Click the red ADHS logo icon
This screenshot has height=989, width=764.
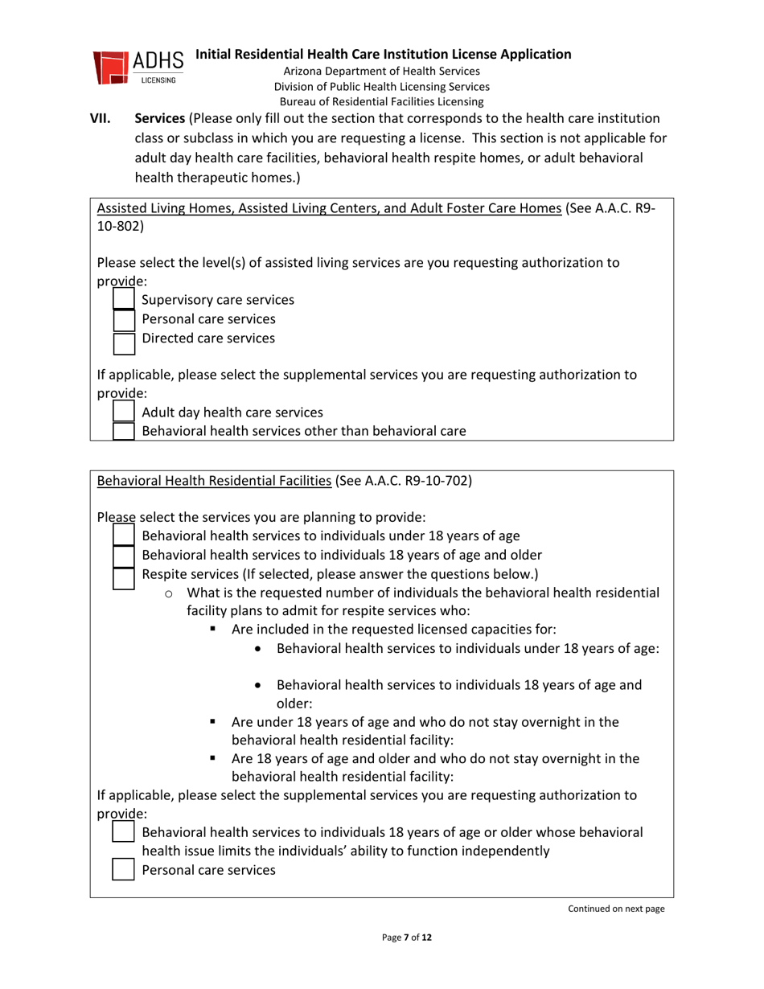click(111, 68)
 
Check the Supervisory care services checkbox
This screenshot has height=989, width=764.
click(123, 300)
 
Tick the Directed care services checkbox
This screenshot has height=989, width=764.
click(123, 342)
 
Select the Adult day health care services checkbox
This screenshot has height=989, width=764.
click(123, 412)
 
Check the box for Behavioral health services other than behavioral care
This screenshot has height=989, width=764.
click(123, 430)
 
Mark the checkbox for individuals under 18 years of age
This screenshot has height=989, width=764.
click(123, 535)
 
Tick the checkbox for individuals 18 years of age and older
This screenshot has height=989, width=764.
click(123, 556)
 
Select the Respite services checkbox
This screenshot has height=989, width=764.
click(123, 577)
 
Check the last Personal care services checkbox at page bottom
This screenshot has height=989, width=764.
click(123, 869)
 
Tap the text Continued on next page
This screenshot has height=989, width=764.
click(616, 909)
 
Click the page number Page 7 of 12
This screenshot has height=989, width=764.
click(407, 938)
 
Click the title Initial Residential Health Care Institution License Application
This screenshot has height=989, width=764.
click(384, 55)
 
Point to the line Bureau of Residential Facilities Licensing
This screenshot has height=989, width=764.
click(382, 101)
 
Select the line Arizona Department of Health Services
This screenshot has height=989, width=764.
click(382, 72)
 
